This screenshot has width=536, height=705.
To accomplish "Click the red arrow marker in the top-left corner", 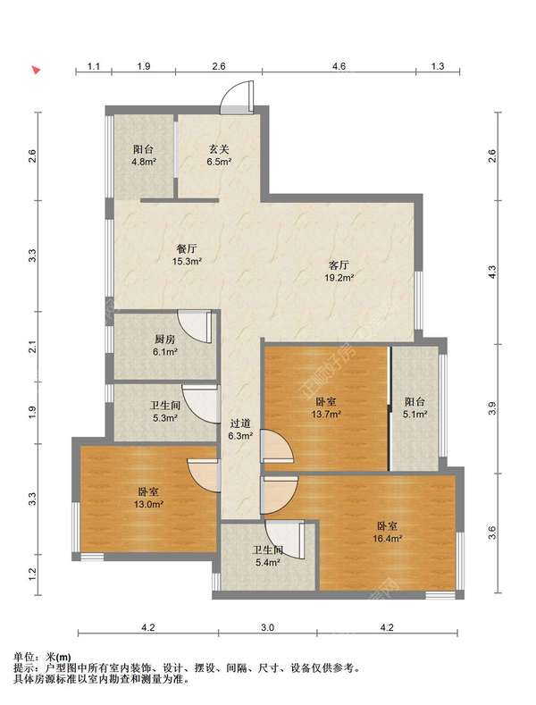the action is click(x=36, y=70).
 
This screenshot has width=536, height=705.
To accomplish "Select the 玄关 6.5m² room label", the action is click(x=219, y=155).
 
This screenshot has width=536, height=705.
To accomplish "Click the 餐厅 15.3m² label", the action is click(x=187, y=255).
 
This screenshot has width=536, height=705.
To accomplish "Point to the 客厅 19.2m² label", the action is click(x=339, y=271).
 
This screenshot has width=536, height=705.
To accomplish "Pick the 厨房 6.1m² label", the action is click(x=164, y=345).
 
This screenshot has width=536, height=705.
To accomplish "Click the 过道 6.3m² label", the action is click(x=240, y=430).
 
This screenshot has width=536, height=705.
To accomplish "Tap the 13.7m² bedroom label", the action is click(x=326, y=407).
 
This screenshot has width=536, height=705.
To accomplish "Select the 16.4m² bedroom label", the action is click(x=387, y=532).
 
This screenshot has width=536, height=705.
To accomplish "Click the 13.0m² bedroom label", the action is click(x=148, y=499).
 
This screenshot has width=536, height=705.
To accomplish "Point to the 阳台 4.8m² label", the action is click(x=144, y=155).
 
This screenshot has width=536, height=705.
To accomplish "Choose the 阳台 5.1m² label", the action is click(x=415, y=407).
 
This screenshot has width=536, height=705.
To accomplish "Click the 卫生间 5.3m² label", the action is click(x=165, y=411).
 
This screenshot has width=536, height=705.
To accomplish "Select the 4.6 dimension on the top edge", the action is click(x=339, y=66).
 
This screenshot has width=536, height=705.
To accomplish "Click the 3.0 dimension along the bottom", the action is click(x=267, y=627).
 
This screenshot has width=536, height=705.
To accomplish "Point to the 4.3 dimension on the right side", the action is click(x=492, y=272).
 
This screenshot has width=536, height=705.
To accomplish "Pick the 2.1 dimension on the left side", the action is click(x=32, y=347).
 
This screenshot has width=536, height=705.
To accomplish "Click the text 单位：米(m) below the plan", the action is click(x=43, y=657).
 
